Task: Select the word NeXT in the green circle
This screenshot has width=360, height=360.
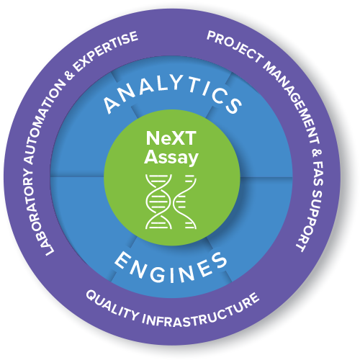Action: click(171, 138)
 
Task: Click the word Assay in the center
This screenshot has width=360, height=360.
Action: click(171, 157)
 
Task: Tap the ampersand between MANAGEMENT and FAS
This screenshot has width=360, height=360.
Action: click(316, 153)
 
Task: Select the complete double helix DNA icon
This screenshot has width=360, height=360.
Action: click(158, 202)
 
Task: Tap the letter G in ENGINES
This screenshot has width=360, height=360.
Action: click(158, 274)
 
